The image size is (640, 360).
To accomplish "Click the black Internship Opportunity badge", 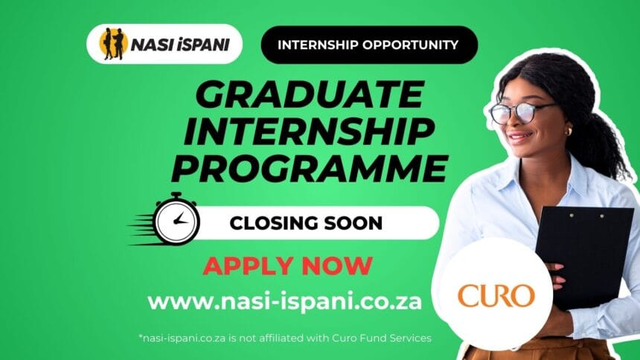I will pyautogui.click(x=368, y=45).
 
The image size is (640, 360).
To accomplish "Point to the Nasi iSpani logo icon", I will pyautogui.click(x=114, y=44).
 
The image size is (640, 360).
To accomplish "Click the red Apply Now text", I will pyautogui.click(x=288, y=265).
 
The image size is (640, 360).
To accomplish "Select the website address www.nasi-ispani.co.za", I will pyautogui.click(x=285, y=302).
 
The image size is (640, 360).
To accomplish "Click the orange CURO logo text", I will pyautogui.click(x=496, y=295).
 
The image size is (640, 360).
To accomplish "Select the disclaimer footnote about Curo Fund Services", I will pyautogui.click(x=285, y=338).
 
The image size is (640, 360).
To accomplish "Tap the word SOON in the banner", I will pyautogui.click(x=353, y=222).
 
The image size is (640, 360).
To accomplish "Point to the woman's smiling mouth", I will pyautogui.click(x=521, y=137).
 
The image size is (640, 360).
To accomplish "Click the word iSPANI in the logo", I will pyautogui.click(x=205, y=45).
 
